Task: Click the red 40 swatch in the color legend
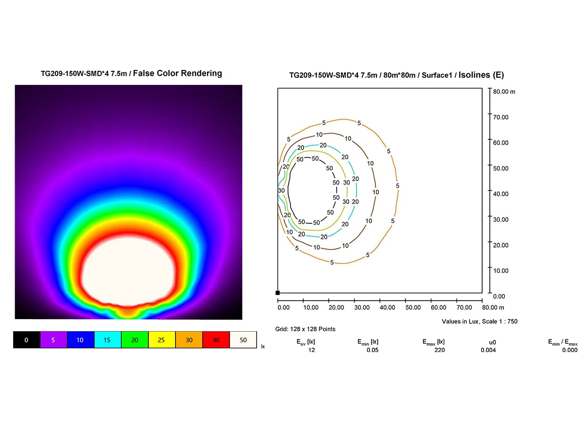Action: tap(216, 340)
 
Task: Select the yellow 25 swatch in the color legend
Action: tap(162, 340)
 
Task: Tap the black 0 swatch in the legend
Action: tap(26, 340)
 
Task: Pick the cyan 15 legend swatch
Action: tap(107, 340)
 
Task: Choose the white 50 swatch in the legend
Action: tap(242, 340)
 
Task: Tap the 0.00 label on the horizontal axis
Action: tap(283, 307)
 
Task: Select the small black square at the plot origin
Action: tap(277, 293)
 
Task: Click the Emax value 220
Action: tap(440, 350)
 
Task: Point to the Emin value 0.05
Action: tap(372, 350)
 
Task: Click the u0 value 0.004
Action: tap(488, 350)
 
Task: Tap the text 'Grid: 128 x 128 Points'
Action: tap(305, 329)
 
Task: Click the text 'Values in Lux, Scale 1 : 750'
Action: tap(480, 321)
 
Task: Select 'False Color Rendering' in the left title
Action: tap(178, 73)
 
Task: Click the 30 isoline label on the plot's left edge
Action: tap(281, 191)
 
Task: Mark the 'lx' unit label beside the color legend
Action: tap(263, 347)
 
